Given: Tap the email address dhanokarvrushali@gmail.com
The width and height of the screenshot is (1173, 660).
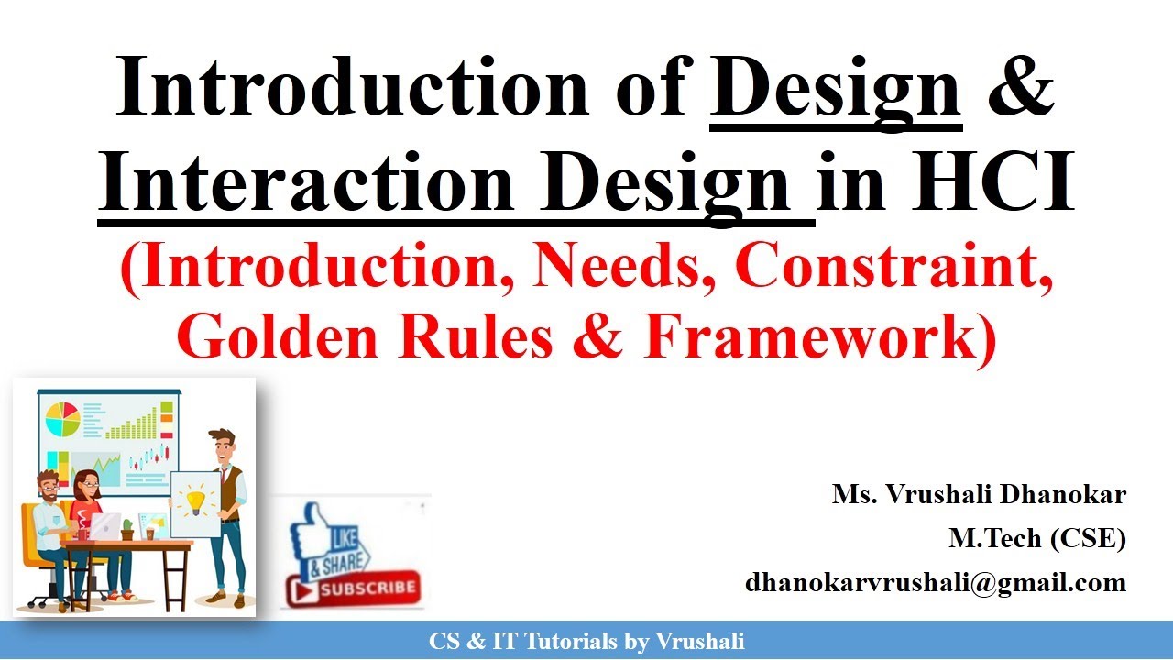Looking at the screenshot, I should [x=935, y=581].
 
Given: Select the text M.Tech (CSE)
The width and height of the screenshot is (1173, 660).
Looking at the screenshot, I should [x=1036, y=538].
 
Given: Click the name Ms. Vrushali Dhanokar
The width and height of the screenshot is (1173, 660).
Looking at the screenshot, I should [x=979, y=495].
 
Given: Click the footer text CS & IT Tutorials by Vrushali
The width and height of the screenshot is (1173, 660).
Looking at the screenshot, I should [x=586, y=642].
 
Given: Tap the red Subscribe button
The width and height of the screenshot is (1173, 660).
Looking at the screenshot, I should [x=356, y=588].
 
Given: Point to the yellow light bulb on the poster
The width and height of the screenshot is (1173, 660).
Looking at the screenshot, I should [x=195, y=500].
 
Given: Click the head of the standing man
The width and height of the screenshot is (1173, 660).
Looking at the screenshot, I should [x=222, y=445].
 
